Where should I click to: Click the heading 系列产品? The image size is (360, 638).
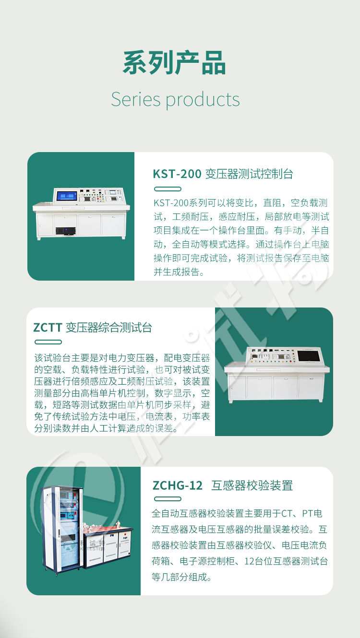[x=174, y=63]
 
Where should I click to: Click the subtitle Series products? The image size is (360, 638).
[x=175, y=100]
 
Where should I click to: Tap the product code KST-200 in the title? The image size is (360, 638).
[x=177, y=174]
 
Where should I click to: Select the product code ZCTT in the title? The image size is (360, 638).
[x=48, y=328]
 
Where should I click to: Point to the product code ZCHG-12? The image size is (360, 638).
[x=178, y=485]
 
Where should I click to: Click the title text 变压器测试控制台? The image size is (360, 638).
[x=249, y=174]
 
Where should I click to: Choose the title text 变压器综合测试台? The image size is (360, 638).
[x=109, y=328]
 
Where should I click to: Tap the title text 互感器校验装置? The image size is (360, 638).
[x=252, y=485]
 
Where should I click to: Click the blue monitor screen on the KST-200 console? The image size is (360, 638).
[x=67, y=196]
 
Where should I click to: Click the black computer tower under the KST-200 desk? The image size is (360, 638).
[x=66, y=231]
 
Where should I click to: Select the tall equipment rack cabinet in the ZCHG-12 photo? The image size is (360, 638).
[x=62, y=530]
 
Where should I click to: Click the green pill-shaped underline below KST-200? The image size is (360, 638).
[x=168, y=189]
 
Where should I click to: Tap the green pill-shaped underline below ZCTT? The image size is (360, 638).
[x=48, y=342]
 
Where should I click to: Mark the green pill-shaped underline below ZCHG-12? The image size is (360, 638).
[x=168, y=499]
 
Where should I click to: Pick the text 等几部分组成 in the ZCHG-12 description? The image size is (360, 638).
[x=179, y=577]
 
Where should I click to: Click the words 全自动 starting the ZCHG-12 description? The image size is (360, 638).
[x=165, y=514]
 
